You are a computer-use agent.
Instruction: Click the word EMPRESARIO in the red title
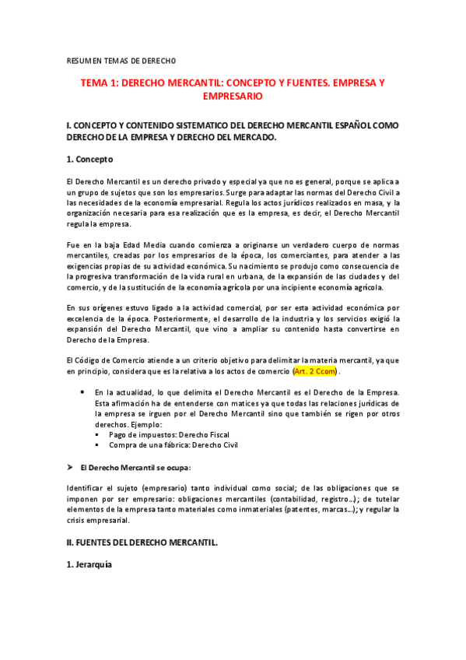tap(233, 97)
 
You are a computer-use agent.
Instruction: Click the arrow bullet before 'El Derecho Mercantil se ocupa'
tap(70, 467)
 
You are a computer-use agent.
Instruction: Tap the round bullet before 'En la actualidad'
tap(83, 393)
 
